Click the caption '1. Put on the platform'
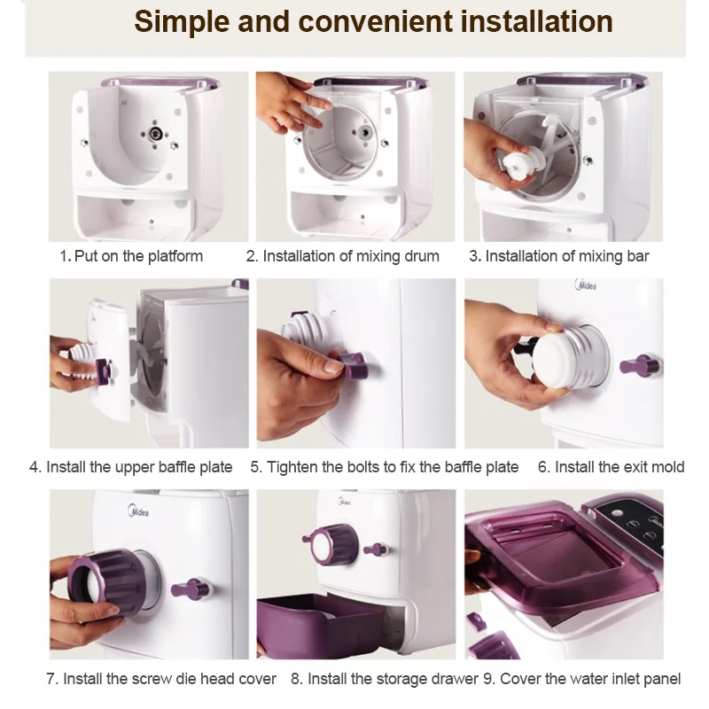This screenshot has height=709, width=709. (x=131, y=256)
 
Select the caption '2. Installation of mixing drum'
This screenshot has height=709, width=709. (x=343, y=256)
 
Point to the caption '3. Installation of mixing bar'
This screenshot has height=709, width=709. (x=559, y=256)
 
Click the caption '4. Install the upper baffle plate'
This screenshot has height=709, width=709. (x=130, y=467)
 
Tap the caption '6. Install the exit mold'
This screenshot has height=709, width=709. (x=612, y=467)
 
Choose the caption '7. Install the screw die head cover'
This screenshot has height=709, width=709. (x=161, y=678)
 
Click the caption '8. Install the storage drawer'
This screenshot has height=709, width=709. (x=385, y=678)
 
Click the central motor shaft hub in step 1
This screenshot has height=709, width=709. (x=156, y=134)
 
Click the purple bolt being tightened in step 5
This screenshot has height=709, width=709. (x=353, y=365)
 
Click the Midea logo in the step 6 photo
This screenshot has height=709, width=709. (x=586, y=284)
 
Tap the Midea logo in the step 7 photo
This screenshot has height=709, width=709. (x=138, y=511)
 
